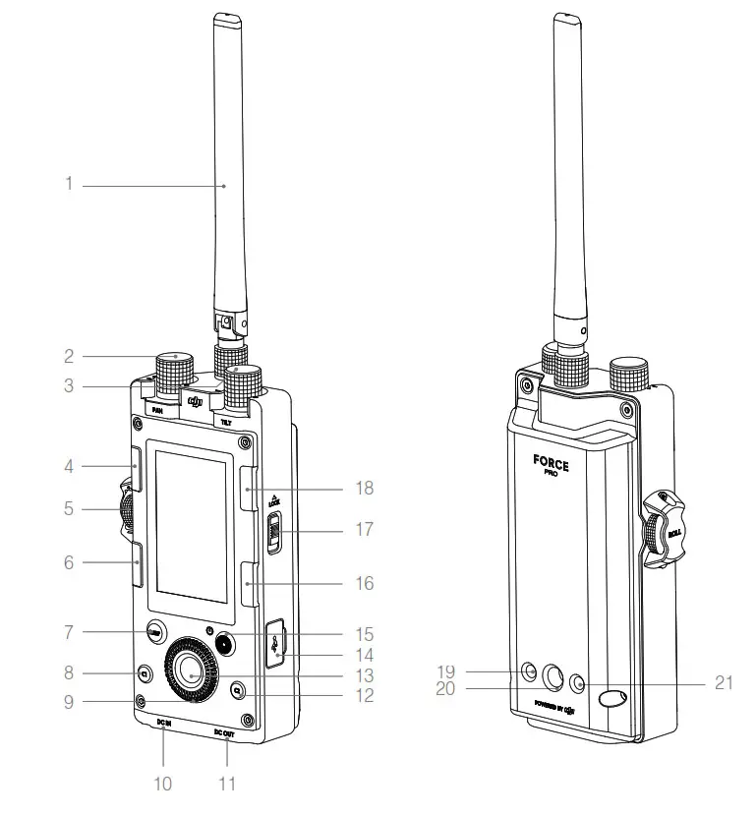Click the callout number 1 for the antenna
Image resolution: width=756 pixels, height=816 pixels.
point(69,184)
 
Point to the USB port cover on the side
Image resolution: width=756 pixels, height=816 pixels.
point(277,643)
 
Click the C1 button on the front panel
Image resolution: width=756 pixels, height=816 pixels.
point(145,674)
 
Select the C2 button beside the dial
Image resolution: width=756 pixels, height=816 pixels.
point(238,691)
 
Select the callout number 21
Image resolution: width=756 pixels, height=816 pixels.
point(724,683)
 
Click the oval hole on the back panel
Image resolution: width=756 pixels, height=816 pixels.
point(612,699)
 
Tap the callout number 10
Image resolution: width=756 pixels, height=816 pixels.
point(162,784)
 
